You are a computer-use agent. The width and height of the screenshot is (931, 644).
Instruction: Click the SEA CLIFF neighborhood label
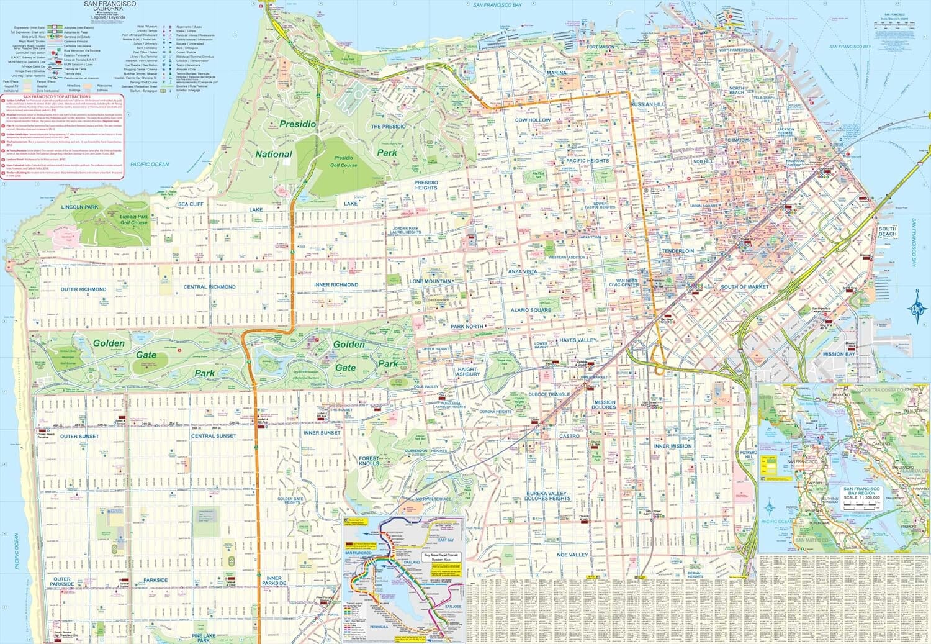(191, 204)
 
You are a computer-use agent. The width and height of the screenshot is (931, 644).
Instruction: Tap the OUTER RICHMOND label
(83, 289)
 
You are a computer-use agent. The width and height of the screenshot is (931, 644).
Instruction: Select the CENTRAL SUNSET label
(214, 436)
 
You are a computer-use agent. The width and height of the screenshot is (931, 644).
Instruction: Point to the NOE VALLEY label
(572, 555)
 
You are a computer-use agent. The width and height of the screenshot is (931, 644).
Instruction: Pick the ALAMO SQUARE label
(531, 310)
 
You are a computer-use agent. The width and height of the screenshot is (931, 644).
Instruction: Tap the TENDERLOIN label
(678, 251)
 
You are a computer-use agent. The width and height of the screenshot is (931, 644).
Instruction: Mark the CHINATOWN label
(739, 140)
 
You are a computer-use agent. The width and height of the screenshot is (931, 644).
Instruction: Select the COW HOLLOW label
(533, 120)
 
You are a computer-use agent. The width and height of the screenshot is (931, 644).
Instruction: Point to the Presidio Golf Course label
(343, 161)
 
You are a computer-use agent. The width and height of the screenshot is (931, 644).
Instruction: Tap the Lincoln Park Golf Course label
(133, 219)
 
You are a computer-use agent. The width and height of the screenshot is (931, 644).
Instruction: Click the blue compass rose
(916, 307)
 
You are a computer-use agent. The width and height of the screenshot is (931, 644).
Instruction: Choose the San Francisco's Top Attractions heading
(56, 97)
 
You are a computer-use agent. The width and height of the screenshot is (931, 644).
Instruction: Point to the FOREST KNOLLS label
(369, 461)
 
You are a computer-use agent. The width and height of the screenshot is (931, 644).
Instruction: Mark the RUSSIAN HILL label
(647, 104)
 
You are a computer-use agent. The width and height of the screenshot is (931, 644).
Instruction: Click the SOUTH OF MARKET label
(744, 287)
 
